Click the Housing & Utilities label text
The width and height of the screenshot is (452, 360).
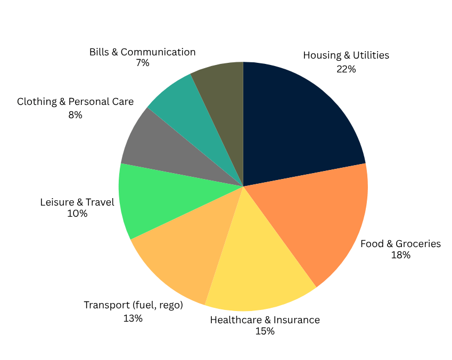[x=346, y=55]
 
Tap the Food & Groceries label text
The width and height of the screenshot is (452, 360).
[x=400, y=244]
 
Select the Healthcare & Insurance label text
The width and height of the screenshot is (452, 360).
[x=265, y=320]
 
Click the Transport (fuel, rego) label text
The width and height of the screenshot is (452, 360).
[x=133, y=305]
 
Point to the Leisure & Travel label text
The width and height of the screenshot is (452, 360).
[x=77, y=202]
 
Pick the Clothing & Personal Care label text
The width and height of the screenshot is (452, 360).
[x=75, y=101]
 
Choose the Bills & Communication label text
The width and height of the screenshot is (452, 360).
[x=142, y=52]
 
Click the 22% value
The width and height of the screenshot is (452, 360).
[x=346, y=69]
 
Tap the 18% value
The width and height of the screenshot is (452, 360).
[x=400, y=256]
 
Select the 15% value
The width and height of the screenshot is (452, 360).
[x=265, y=332]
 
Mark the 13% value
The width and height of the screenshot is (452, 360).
[x=133, y=318]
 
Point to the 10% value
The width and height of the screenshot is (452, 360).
[x=77, y=214]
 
